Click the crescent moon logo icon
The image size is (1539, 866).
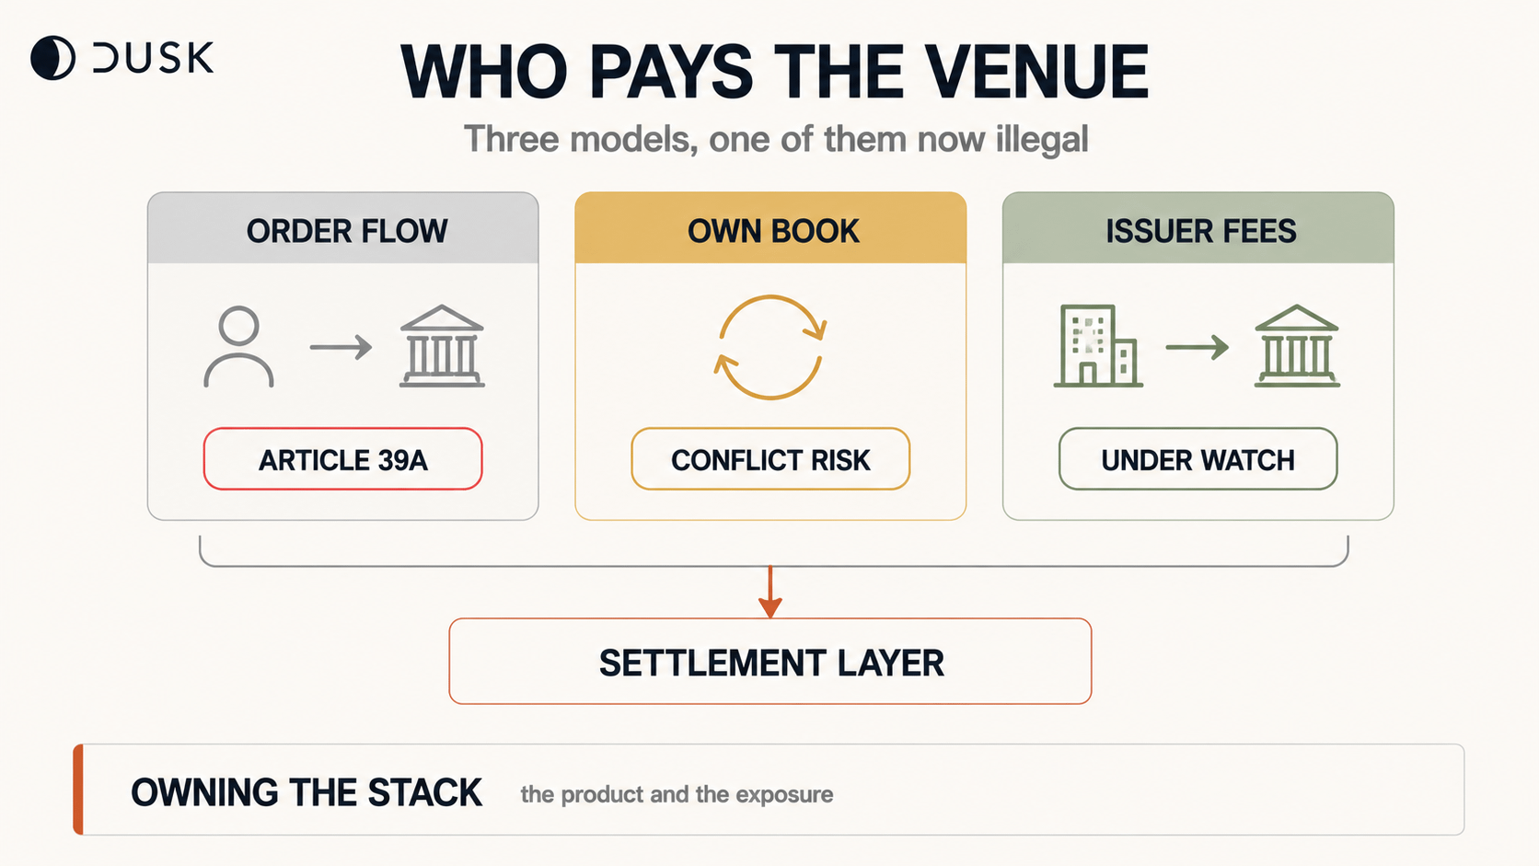coord(52,58)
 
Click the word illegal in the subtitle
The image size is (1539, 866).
coord(1042,140)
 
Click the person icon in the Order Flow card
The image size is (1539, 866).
coord(238,347)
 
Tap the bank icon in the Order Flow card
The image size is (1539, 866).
coord(442,346)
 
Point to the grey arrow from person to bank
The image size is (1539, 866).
coord(341,347)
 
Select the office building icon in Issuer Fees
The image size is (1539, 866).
coord(1098,346)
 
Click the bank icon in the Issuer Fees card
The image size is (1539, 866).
coord(1297,346)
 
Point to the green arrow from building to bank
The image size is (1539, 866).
coord(1197,347)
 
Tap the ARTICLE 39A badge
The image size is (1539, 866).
coord(342,458)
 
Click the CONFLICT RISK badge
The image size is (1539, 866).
coord(770,458)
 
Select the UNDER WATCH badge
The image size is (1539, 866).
coord(1198,458)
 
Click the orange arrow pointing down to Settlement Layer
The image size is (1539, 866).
coord(770,592)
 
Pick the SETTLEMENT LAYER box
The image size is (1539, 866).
coord(770,662)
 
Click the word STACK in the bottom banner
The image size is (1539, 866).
coord(424,792)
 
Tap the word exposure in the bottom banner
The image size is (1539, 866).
coord(784,795)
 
